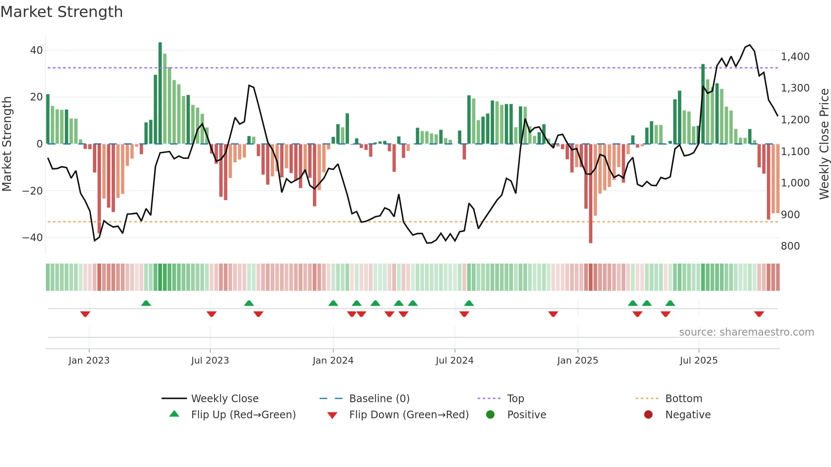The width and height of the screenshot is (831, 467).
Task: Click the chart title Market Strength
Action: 61,12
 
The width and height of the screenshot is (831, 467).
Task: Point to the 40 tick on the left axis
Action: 36,50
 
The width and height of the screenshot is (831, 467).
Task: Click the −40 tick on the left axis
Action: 33,238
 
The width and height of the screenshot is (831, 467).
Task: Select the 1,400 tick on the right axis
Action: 795,57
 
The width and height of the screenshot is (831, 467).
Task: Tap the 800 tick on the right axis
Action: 790,246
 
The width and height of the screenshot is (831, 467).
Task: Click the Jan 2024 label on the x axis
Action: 333,361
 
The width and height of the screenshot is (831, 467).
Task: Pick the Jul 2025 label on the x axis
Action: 698,361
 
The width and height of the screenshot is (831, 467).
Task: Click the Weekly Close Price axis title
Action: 824,144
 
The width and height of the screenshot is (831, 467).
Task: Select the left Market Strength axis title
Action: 7,144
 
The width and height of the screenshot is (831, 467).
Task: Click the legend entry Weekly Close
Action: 224,399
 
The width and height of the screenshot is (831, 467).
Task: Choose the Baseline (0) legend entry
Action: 379,399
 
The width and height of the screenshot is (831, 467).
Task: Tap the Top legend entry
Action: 515,399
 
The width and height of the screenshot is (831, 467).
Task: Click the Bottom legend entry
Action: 683,399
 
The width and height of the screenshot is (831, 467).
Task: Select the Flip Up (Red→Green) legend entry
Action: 243,415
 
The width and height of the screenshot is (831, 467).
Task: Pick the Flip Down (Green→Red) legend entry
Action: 409,415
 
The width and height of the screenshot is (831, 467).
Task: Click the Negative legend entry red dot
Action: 648,415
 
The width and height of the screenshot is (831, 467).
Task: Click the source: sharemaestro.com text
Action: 746,332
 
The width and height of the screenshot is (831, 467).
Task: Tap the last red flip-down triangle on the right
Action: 759,314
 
